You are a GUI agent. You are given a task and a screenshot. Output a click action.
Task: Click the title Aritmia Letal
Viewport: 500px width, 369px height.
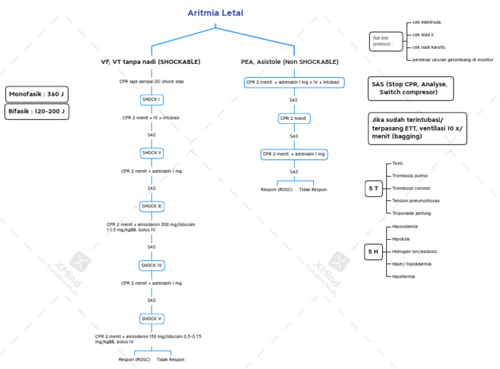(x=216, y=13)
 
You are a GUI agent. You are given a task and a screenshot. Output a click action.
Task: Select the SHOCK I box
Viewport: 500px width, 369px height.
(x=151, y=100)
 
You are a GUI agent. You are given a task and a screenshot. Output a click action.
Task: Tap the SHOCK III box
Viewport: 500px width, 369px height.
(x=151, y=206)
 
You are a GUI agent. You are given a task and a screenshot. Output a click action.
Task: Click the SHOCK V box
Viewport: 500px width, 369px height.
(x=151, y=319)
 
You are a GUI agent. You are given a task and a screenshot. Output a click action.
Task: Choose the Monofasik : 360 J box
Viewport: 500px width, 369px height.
(x=36, y=95)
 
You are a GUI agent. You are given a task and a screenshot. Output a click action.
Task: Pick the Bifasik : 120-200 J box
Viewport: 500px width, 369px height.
(x=36, y=111)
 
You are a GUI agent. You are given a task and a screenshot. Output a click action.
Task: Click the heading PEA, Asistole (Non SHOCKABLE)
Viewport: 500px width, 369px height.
(x=290, y=62)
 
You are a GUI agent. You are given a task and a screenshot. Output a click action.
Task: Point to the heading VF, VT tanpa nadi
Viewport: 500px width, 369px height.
(x=150, y=62)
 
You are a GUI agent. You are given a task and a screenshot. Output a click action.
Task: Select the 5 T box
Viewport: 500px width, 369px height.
(x=374, y=188)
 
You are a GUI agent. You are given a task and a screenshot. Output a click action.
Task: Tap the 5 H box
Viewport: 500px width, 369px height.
(x=374, y=252)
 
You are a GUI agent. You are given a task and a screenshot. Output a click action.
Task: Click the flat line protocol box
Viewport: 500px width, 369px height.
(x=383, y=40)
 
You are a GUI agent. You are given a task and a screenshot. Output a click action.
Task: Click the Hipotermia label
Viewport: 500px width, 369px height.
(x=404, y=276)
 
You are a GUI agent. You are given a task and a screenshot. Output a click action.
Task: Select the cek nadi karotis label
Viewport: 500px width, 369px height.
(x=429, y=47)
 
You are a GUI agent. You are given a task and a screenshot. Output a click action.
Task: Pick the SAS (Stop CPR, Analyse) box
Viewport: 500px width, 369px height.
(x=410, y=89)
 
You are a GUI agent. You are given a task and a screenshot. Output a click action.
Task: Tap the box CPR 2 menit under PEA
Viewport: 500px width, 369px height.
(x=294, y=119)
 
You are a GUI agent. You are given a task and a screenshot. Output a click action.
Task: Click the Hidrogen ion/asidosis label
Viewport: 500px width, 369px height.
(x=414, y=251)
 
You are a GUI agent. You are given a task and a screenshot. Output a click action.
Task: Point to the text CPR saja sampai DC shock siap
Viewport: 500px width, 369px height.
(x=150, y=82)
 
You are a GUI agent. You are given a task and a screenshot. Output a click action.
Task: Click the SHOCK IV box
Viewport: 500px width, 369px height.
(x=151, y=265)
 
